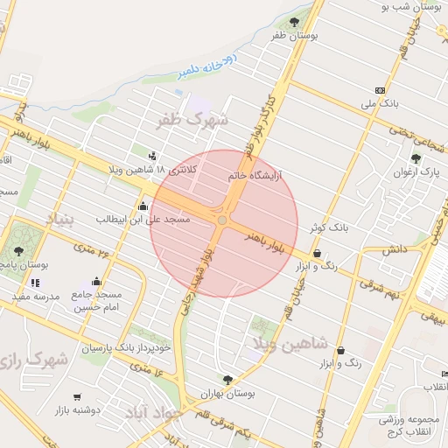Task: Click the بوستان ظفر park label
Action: point(292,35)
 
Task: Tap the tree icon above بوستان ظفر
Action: point(293,21)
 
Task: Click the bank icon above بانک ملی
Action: point(379,90)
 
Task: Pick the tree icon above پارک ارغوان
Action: point(415,159)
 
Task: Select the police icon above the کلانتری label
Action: point(155,157)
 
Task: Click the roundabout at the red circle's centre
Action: point(222,221)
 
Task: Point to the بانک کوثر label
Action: point(327,227)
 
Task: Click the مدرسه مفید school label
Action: point(36,297)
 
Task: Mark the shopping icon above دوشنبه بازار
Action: point(78,396)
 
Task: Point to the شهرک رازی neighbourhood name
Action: point(34,360)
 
